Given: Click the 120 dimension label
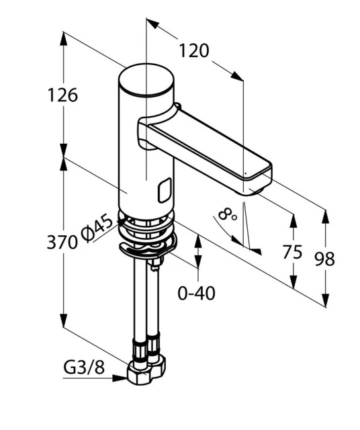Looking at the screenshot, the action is click(194, 51).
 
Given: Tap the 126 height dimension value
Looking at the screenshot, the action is click(62, 95).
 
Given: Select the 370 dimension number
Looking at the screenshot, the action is click(62, 242).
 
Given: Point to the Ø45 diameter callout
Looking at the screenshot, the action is click(97, 229).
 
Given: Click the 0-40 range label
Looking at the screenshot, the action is click(196, 293).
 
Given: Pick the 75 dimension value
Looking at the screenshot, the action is click(292, 252).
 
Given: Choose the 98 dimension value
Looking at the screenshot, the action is click(324, 259).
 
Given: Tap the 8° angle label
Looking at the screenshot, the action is click(227, 214).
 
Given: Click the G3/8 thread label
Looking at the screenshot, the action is click(84, 368).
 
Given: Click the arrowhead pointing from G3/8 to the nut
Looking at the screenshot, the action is click(120, 378).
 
